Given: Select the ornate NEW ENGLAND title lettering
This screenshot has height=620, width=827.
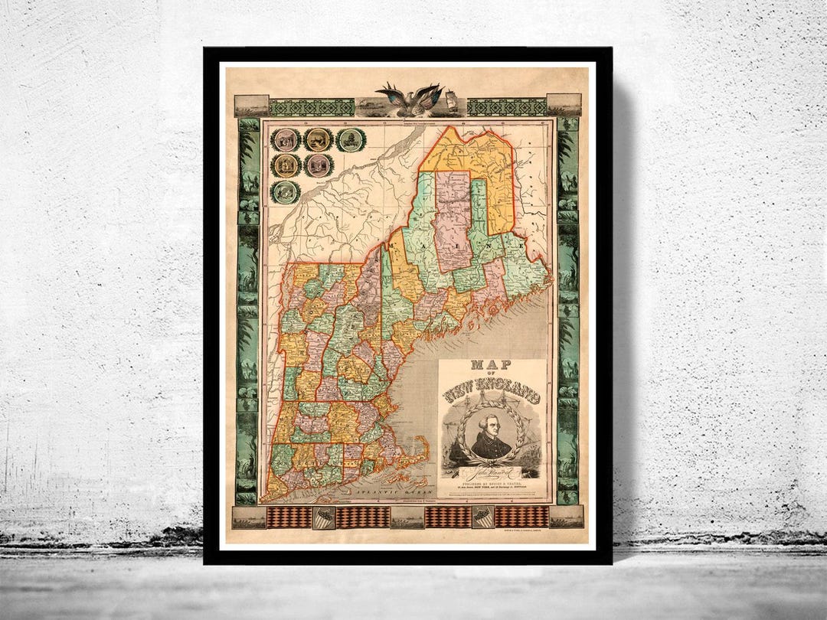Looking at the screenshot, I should pos(492,396).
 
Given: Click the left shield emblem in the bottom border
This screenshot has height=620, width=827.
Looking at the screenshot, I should pos(324,517).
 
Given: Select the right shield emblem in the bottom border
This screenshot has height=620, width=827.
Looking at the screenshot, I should pos(482,517).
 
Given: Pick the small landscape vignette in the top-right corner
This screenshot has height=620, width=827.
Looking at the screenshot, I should pos(564,105).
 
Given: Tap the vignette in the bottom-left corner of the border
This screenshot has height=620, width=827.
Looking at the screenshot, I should pos(249,517).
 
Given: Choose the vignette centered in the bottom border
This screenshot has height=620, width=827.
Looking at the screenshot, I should pos(407,517).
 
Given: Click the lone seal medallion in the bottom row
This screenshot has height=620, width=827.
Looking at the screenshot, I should pos(286,191).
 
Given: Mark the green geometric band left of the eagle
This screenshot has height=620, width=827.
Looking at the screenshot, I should pos(312,107).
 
